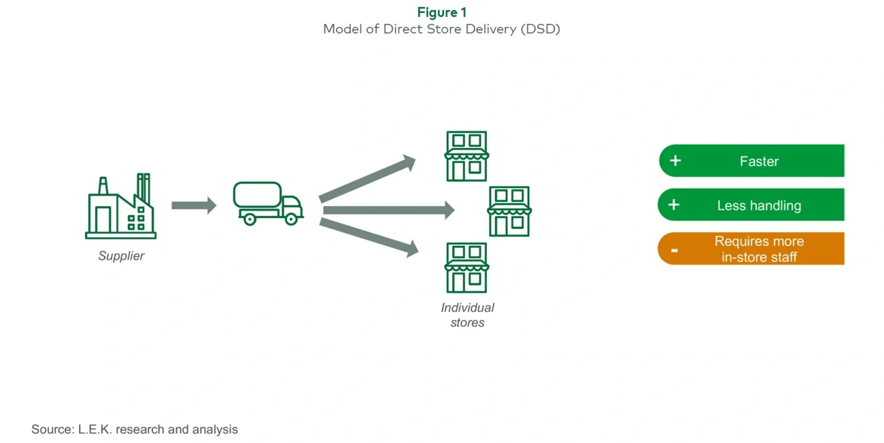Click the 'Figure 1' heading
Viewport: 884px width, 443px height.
tap(441, 12)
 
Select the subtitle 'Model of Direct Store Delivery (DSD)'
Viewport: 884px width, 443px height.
tap(441, 29)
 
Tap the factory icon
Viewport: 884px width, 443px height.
tap(120, 207)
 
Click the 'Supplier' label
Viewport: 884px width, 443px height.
tap(121, 256)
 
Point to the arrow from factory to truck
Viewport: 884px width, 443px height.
tap(193, 205)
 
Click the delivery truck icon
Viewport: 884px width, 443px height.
tap(267, 202)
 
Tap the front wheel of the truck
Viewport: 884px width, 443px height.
tap(291, 219)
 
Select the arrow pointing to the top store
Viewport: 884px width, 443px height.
tap(367, 179)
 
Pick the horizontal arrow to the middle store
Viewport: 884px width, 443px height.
tap(388, 210)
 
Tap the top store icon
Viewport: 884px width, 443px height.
tap(466, 156)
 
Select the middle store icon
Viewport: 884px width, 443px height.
tap(509, 211)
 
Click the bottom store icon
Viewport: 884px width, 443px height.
tap(466, 267)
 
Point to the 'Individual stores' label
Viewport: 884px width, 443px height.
tap(467, 315)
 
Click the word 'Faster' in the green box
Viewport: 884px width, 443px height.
tap(759, 162)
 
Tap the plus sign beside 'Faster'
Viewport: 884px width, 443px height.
tap(675, 161)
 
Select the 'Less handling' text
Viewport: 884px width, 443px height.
tap(759, 206)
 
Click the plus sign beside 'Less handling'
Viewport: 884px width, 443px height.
tap(674, 205)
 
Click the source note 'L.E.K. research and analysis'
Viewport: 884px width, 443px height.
tap(135, 429)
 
